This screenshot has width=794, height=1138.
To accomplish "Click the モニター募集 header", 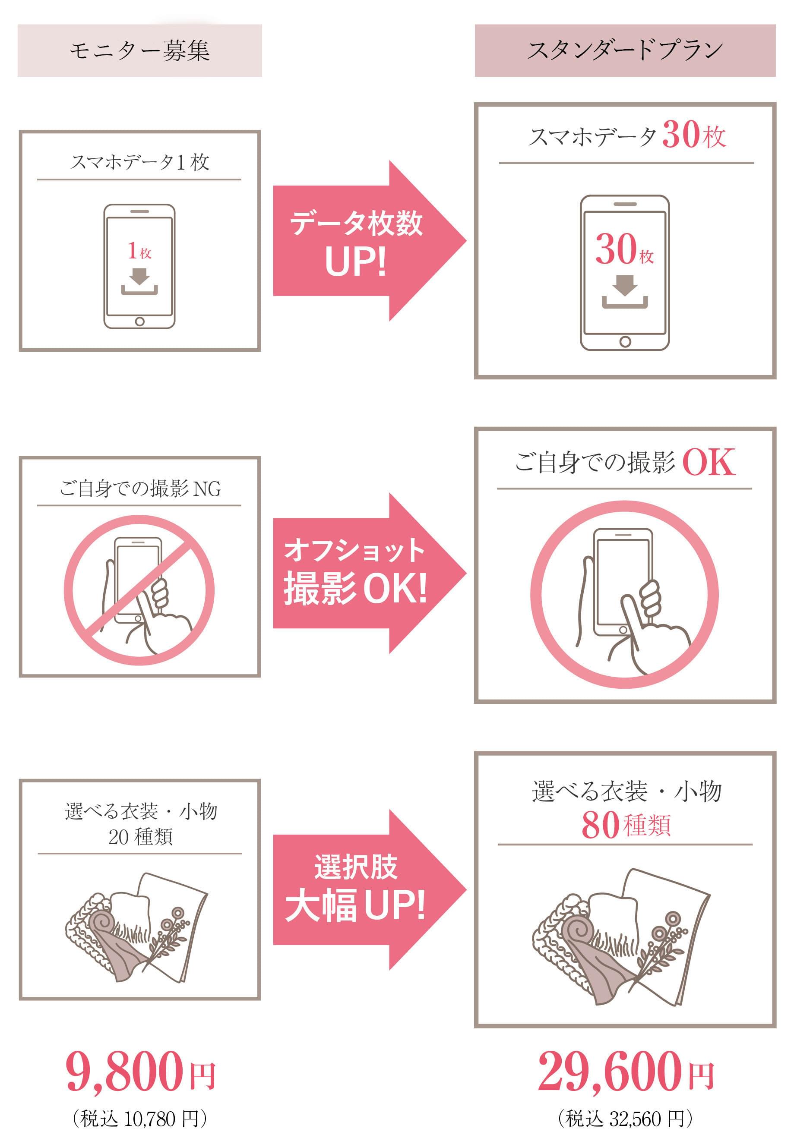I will (x=139, y=50).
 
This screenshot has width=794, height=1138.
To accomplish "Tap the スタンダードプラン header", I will (x=624, y=50).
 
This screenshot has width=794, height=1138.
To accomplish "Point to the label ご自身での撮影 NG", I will (x=140, y=489).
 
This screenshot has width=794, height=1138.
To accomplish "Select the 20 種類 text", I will (x=140, y=837).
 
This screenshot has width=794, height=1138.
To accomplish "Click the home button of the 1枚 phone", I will (x=139, y=322).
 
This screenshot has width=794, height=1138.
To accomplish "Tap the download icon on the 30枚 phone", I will (x=624, y=293).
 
